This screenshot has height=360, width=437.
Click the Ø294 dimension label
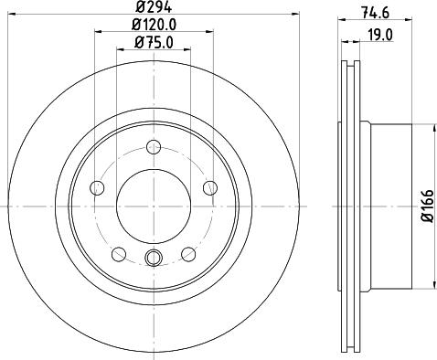point(154,7)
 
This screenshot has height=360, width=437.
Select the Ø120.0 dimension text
point(155,25)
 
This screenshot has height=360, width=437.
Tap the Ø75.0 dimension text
point(154,42)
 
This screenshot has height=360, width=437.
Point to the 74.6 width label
point(375,13)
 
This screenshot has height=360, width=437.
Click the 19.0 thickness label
point(380,35)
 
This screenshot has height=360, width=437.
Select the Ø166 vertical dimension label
point(427,206)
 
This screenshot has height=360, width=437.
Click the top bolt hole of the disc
point(154,147)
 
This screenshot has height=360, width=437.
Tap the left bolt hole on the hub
point(97,187)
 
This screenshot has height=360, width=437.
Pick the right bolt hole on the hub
point(210,187)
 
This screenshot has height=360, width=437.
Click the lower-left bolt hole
point(119,254)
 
